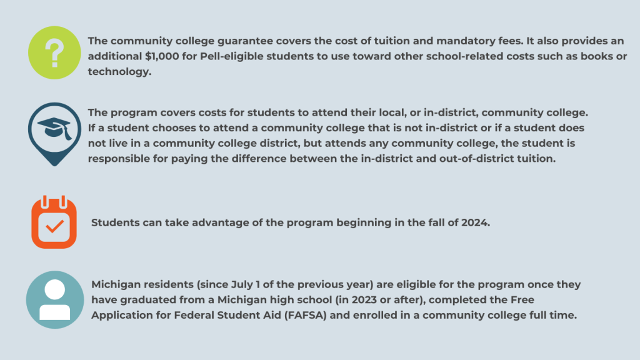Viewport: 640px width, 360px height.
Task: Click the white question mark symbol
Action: pos(55,54)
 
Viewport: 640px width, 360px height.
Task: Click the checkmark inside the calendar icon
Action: pos(54,227)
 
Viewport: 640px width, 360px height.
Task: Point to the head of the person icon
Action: pos(55,289)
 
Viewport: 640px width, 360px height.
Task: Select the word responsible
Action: pos(119,158)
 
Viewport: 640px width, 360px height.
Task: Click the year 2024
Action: pos(475,222)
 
